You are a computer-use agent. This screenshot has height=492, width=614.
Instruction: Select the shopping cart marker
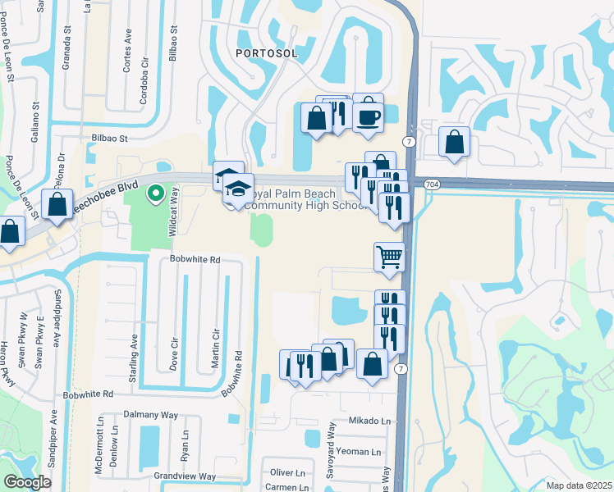click(389, 257)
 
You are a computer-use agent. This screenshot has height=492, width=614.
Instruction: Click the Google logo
click(27, 482)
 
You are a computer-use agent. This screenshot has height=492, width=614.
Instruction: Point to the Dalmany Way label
click(150, 415)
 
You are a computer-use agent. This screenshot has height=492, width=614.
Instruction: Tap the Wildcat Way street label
click(173, 212)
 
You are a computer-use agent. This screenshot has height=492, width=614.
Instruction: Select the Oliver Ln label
click(287, 472)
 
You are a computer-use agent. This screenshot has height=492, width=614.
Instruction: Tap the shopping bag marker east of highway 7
click(454, 143)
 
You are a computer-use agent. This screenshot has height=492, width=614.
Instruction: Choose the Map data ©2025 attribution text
click(579, 485)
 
